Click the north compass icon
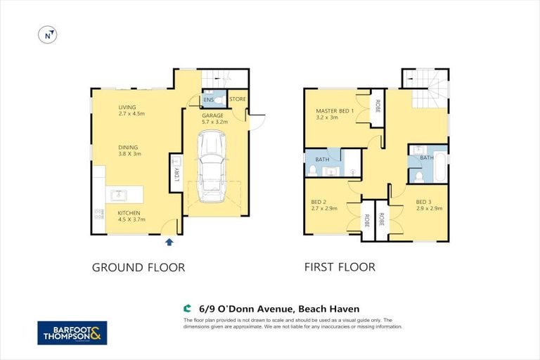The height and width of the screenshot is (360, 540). (47, 35)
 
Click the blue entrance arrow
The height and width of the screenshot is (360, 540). (168, 243)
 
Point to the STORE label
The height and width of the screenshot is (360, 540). (238, 99)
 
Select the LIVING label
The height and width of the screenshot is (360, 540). (128, 107)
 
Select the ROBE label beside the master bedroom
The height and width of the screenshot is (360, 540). (377, 107)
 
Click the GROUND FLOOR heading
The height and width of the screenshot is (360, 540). (139, 267)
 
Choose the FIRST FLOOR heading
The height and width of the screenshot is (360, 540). (340, 267)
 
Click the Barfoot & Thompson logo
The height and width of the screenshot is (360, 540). (72, 333)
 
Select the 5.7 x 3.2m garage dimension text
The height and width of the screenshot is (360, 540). (215, 122)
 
